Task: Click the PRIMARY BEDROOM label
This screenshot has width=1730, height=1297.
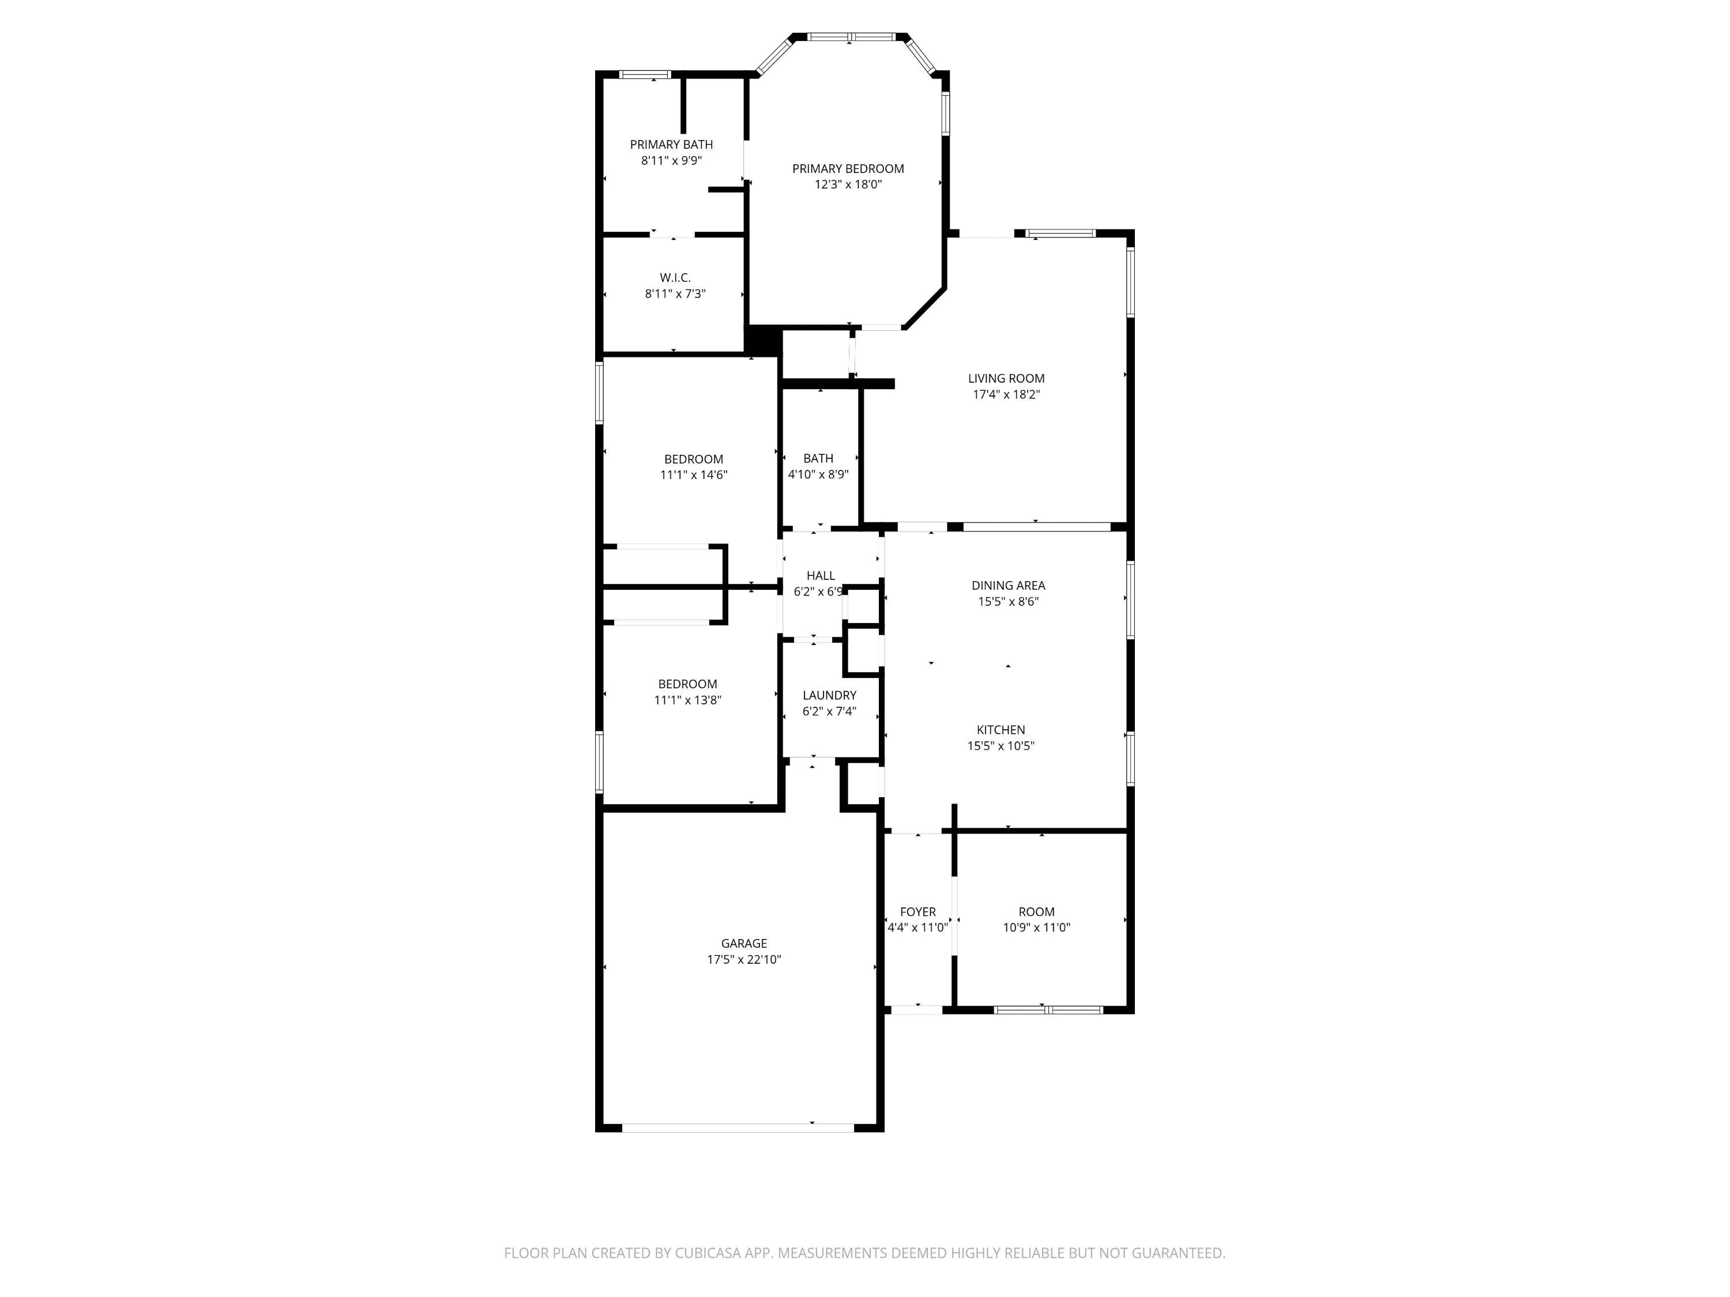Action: [848, 168]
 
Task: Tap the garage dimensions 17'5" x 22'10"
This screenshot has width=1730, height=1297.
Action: [744, 959]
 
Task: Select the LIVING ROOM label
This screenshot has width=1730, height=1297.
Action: [1006, 378]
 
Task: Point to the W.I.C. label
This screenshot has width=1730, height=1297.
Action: [675, 277]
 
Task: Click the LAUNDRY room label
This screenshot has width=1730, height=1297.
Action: [829, 695]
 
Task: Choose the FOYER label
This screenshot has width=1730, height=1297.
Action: [917, 911]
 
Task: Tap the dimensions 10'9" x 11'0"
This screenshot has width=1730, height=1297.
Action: [1036, 927]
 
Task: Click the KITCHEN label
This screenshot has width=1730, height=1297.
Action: [1001, 729]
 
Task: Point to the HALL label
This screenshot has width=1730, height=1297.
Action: [821, 575]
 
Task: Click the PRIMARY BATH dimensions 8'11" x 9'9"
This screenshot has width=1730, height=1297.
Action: [671, 160]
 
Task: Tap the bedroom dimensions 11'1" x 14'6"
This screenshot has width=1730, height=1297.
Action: [694, 474]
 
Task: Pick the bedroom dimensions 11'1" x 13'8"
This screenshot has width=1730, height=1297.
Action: [687, 700]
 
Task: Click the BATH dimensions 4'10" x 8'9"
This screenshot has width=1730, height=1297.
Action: [818, 474]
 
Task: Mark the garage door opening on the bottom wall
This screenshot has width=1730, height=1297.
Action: [738, 1128]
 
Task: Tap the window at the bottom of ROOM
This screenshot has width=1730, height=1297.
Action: [1048, 1010]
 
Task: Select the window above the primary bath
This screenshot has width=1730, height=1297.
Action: [645, 74]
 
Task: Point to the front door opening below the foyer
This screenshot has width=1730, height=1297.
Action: [917, 1010]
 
